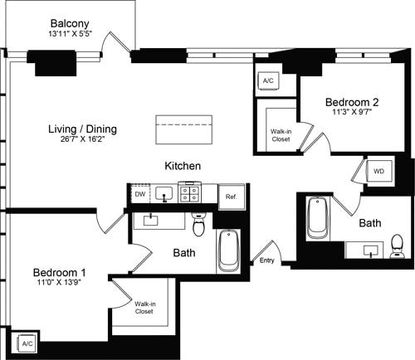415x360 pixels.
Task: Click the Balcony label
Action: tap(70, 23)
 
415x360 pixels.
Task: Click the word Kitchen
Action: tap(183, 167)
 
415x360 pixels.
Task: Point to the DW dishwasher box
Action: tap(139, 195)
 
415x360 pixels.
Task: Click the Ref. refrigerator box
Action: tap(231, 197)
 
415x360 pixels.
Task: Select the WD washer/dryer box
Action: tap(378, 171)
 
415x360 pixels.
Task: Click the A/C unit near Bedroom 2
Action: tap(268, 81)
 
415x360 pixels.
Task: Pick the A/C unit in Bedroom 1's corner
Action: tap(26, 343)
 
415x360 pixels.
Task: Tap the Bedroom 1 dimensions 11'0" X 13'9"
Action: tap(59, 284)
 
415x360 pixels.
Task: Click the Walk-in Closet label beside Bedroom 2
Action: tap(281, 135)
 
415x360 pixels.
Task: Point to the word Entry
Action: tap(266, 260)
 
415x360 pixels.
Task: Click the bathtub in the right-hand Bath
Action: tap(319, 219)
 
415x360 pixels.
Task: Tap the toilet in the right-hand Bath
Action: tap(397, 246)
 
